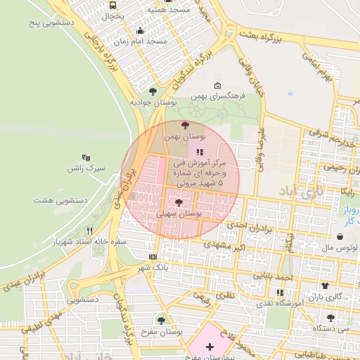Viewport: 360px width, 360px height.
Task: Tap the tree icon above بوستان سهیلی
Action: [x=179, y=202]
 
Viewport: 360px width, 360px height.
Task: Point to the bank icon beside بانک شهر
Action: [x=153, y=257]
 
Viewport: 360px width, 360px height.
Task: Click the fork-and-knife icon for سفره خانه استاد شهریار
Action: [x=89, y=230]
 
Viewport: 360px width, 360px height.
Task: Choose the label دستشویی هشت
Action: [x=60, y=200]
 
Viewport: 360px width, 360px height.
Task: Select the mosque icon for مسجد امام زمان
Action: [x=141, y=30]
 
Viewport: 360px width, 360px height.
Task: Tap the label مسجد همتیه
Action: [x=169, y=11]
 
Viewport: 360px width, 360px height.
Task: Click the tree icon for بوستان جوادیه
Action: [x=153, y=91]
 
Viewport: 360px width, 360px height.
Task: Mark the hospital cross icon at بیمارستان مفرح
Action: [x=210, y=347]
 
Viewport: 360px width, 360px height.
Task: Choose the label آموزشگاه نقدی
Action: [x=285, y=302]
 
